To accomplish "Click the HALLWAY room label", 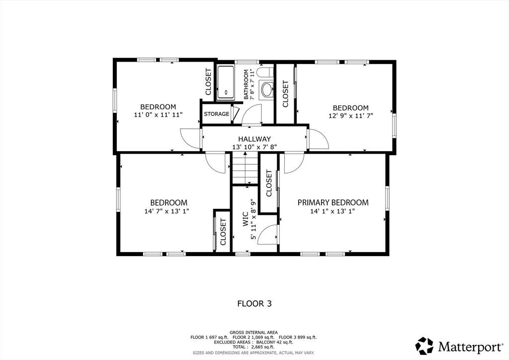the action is (254, 139).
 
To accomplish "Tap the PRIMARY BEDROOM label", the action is (333, 202).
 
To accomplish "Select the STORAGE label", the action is (217, 114).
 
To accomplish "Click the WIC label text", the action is (246, 219).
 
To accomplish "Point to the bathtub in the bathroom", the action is (226, 82).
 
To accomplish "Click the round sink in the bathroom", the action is (267, 90).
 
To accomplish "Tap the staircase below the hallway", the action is (245, 168).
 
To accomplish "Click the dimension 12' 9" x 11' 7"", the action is (351, 115).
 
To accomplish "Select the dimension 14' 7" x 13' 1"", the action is (167, 211).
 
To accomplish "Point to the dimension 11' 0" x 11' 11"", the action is (159, 114).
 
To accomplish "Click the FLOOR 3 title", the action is (254, 303).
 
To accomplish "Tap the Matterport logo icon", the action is (424, 346).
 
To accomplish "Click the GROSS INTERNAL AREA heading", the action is (254, 333).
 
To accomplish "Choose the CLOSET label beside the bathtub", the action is (208, 82).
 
